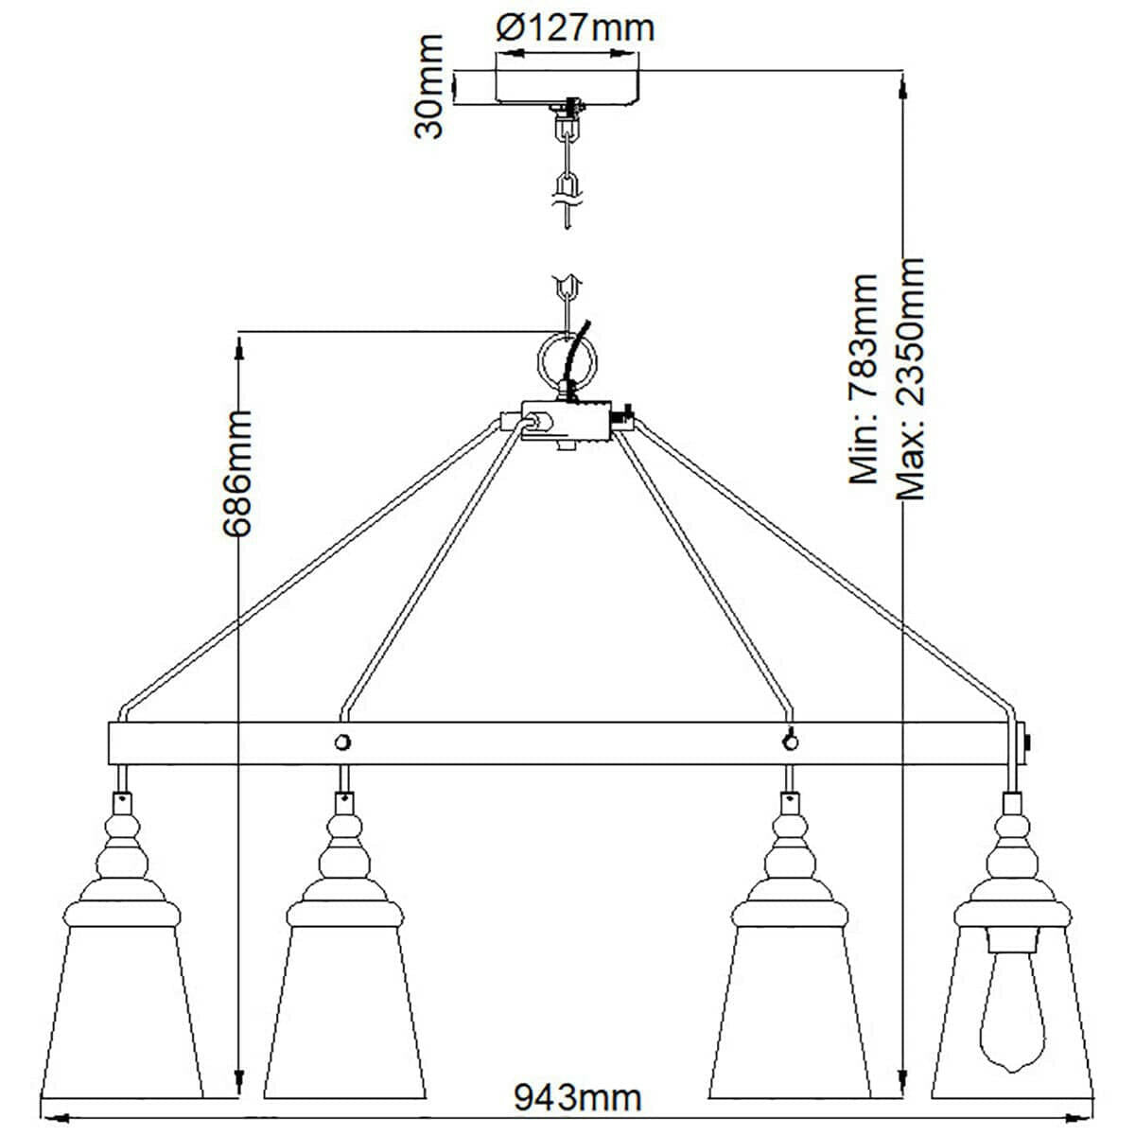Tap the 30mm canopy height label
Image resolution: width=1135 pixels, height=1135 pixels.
429,86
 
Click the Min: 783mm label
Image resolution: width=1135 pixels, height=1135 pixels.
864,379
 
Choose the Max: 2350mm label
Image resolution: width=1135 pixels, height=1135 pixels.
909,378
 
